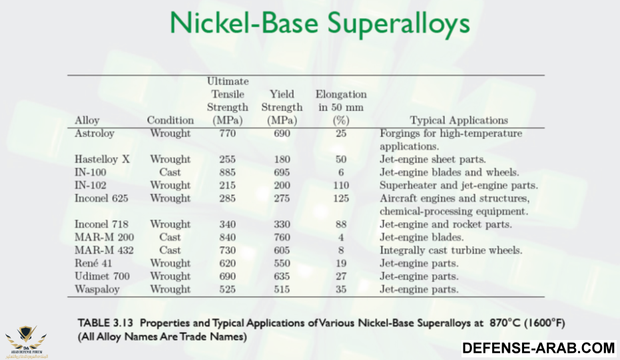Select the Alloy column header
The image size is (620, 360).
pos(87,120)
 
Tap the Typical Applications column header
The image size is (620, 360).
pos(459,120)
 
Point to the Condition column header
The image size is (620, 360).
pos(170,120)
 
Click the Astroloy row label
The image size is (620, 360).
pos(95,134)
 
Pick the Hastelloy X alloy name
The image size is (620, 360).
pos(102,159)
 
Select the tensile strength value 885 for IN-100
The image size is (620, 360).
pos(227,172)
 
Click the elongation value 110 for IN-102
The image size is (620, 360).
pos(341,186)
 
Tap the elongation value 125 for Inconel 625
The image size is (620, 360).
pos(341,198)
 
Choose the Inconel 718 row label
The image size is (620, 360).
pos(102,224)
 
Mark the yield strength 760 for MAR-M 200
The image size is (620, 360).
pos(282,238)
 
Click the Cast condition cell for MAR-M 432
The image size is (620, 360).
pos(170,250)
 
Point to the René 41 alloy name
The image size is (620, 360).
pos(93,264)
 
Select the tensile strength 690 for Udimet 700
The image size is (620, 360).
pos(227,276)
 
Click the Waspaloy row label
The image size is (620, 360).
pos(97,289)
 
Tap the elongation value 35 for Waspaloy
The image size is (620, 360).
pos(341,289)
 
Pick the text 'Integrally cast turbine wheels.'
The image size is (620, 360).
pos(451,251)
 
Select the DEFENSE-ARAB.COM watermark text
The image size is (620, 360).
pos(539,348)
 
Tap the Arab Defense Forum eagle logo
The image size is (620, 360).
pos(26,340)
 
